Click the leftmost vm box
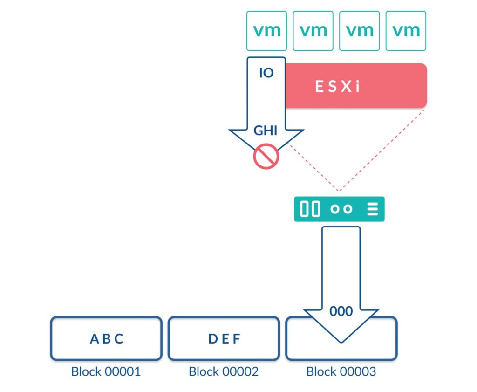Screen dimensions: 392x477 click(x=266, y=31)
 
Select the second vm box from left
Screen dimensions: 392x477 click(x=313, y=31)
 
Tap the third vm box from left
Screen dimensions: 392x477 click(x=360, y=31)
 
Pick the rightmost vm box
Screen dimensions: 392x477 click(x=406, y=31)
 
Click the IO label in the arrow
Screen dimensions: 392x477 click(x=266, y=73)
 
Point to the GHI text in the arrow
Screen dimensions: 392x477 click(x=266, y=131)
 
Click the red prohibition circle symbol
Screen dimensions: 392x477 click(x=266, y=156)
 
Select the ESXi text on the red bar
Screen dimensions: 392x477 click(x=338, y=87)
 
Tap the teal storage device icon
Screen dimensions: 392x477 click(x=339, y=209)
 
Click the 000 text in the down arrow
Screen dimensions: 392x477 click(x=341, y=311)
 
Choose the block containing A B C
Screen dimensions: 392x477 click(x=106, y=339)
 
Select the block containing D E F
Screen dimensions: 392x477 click(x=224, y=339)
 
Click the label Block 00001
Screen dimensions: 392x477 click(x=106, y=372)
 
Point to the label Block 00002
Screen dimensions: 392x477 click(x=224, y=372)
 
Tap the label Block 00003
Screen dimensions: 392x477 click(x=341, y=372)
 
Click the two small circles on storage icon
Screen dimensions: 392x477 click(x=341, y=209)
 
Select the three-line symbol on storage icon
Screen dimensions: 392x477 click(x=372, y=209)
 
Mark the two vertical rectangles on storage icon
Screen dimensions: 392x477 click(x=310, y=209)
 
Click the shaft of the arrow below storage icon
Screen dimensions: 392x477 click(x=341, y=266)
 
